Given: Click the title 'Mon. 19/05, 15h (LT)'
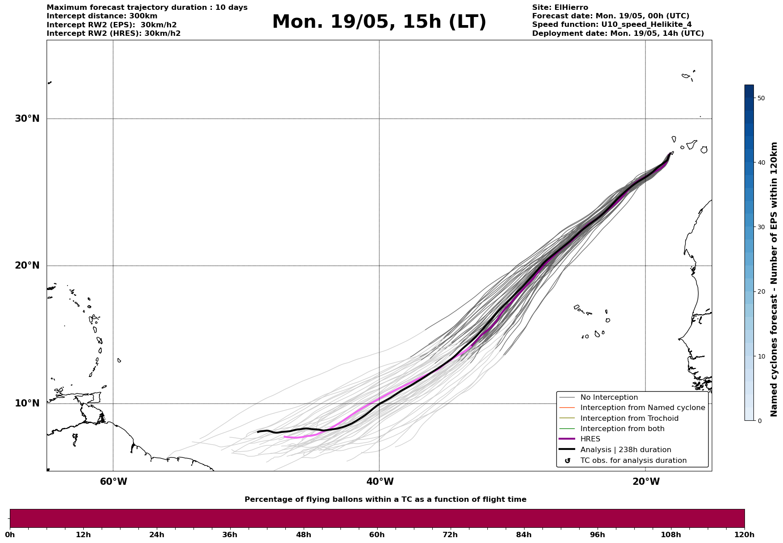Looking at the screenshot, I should (x=379, y=22).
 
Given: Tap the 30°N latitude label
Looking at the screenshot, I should (x=27, y=119).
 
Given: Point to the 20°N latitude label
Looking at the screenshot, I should (x=27, y=265).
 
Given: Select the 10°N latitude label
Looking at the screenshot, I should (x=27, y=403).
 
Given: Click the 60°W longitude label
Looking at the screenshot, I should (x=113, y=482).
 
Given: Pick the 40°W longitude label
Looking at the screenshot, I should (x=380, y=482).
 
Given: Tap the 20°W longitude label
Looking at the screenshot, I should (x=646, y=482).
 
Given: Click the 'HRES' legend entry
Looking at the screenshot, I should (x=590, y=439).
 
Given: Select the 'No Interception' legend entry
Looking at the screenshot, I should (x=609, y=398).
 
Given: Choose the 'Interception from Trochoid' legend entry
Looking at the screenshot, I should (x=629, y=419).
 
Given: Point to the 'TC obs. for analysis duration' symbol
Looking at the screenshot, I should (x=568, y=461).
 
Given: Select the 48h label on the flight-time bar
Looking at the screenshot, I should (x=303, y=535).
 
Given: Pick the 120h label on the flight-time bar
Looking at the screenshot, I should (x=744, y=535).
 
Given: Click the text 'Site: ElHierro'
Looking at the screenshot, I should (x=560, y=8).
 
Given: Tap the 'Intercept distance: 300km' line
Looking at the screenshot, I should (x=102, y=16).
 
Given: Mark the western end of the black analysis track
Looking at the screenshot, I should (x=258, y=432).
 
